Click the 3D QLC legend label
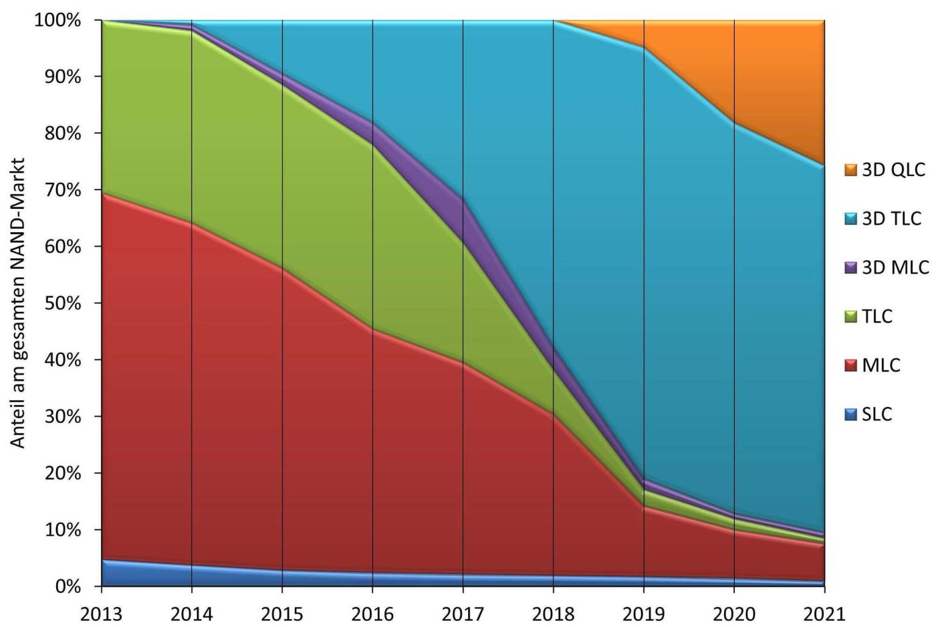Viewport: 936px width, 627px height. [893, 169]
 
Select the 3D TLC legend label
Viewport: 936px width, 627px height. [891, 218]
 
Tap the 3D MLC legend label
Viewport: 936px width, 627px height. [895, 267]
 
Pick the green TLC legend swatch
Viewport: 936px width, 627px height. [850, 317]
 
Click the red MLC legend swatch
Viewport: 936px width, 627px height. [850, 365]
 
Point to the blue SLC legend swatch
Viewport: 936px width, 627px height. [850, 414]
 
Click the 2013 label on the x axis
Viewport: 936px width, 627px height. [101, 613]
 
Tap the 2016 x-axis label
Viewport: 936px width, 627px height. [372, 613]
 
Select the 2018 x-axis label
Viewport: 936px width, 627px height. [553, 613]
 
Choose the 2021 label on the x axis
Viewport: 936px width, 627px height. [824, 613]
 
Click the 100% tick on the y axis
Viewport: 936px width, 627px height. [57, 20]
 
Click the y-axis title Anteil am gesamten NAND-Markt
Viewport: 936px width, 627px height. [18, 303]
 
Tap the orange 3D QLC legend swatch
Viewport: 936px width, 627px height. [850, 170]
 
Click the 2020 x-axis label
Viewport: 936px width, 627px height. [733, 613]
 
